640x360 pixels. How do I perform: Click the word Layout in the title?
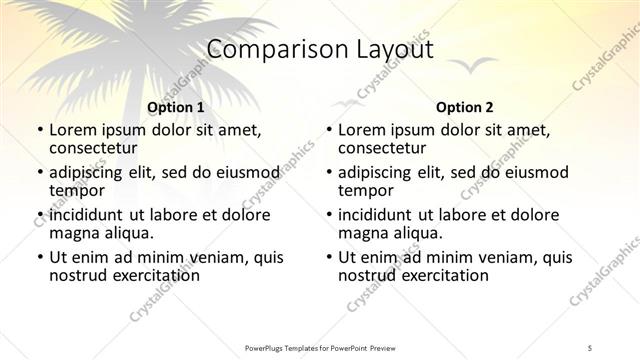click(x=386, y=49)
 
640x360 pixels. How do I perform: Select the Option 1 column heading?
click(x=175, y=106)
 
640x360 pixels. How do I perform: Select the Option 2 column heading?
click(x=464, y=106)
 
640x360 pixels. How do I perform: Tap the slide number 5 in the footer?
click(x=590, y=347)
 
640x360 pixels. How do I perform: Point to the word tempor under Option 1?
click(x=77, y=189)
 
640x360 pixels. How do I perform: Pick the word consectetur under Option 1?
click(x=92, y=147)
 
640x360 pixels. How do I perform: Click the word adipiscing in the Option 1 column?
click(x=91, y=172)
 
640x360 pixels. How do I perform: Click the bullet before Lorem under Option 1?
click(x=39, y=130)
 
